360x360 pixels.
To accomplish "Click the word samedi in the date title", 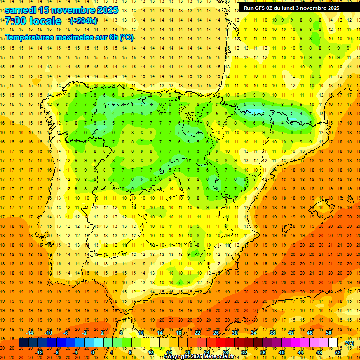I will click(21, 10).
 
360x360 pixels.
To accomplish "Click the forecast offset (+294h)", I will click(83, 21).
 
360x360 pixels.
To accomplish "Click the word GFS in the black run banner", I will click(263, 7).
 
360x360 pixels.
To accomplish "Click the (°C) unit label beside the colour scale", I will click(349, 343).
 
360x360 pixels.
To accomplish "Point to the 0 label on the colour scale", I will click(93, 352).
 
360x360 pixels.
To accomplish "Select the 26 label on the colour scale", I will click(216, 333).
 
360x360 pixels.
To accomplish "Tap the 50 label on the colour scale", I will click(329, 333).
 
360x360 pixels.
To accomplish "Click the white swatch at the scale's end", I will click(333, 343).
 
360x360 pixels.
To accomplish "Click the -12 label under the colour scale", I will click(39, 352).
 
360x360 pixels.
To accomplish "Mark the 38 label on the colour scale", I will click(272, 333).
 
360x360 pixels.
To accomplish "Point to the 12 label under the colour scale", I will click(150, 352).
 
